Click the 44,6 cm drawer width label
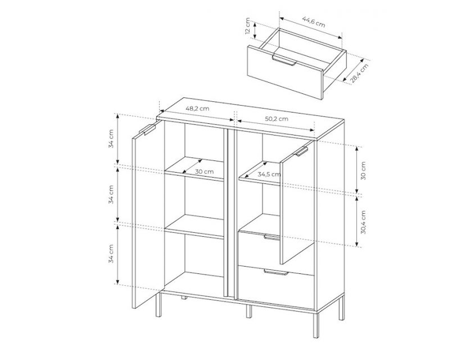(314, 21)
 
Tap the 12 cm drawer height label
(247, 26)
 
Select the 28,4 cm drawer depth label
(359, 73)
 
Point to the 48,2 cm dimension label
(197, 109)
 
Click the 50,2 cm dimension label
(277, 119)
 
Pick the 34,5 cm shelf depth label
(269, 174)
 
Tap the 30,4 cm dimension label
(364, 222)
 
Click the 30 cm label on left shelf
(204, 172)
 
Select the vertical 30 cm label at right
(364, 171)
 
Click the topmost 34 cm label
(111, 138)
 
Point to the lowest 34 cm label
(111, 253)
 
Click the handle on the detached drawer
(284, 60)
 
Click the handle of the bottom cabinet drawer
(275, 272)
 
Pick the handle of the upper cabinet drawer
(272, 237)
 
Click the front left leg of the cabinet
(159, 304)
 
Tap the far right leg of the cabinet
(341, 308)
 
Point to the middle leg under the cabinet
(248, 311)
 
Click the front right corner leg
(315, 324)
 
